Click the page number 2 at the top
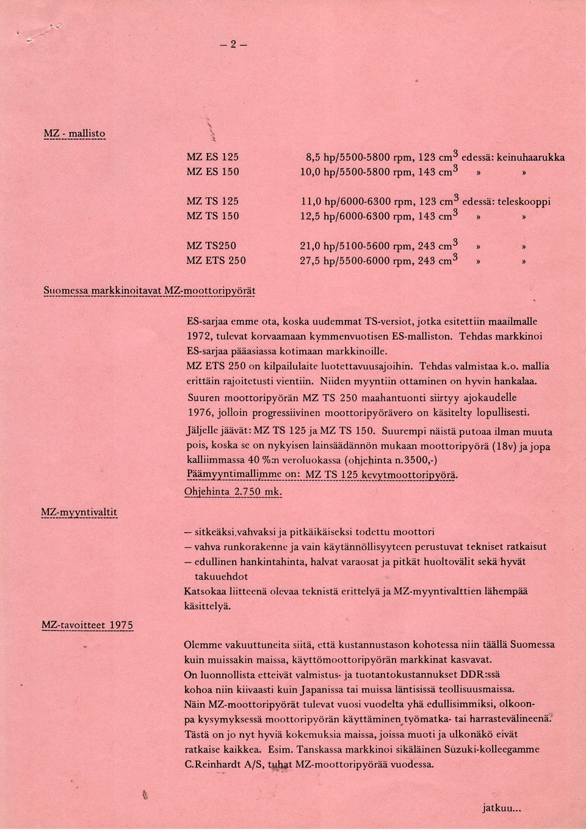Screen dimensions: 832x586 233,44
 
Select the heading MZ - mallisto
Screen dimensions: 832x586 74,134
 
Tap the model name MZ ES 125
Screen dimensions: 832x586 212,157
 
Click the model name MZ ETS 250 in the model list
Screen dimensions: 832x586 216,260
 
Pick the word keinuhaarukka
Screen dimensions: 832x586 530,157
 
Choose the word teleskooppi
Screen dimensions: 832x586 525,201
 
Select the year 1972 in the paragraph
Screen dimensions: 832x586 198,336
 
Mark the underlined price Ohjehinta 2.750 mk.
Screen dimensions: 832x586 232,492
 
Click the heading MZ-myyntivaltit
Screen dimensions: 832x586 79,511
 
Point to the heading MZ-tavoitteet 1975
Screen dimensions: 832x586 87,624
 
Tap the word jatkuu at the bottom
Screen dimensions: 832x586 500,808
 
